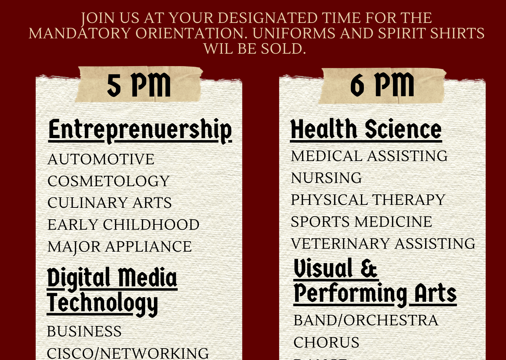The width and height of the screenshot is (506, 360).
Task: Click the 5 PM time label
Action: point(139,85)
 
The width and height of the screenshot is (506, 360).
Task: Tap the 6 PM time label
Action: point(382,84)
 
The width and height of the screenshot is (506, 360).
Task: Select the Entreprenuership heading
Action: point(140,131)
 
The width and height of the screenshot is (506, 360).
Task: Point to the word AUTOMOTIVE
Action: point(101,159)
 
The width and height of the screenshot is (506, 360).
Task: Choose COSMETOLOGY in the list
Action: point(108,181)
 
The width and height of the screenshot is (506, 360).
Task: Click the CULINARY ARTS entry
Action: point(110,203)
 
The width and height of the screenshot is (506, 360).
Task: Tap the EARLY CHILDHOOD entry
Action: point(123,225)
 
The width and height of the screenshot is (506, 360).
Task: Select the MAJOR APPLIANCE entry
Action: point(120,247)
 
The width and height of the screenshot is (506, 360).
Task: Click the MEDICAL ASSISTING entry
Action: point(369,156)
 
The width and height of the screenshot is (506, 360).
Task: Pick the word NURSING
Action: point(327,178)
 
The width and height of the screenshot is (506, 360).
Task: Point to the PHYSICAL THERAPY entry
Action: point(368,200)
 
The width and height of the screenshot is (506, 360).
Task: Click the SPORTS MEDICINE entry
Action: point(362,222)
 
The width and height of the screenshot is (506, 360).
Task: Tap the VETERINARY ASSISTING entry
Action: point(383,243)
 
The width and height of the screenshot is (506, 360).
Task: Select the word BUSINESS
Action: point(84,331)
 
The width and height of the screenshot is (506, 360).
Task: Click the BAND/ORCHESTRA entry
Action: point(366,320)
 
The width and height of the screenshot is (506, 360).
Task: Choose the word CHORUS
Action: point(327,342)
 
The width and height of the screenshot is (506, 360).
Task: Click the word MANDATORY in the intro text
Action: point(80,33)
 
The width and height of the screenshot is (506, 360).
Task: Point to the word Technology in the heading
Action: point(102,304)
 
